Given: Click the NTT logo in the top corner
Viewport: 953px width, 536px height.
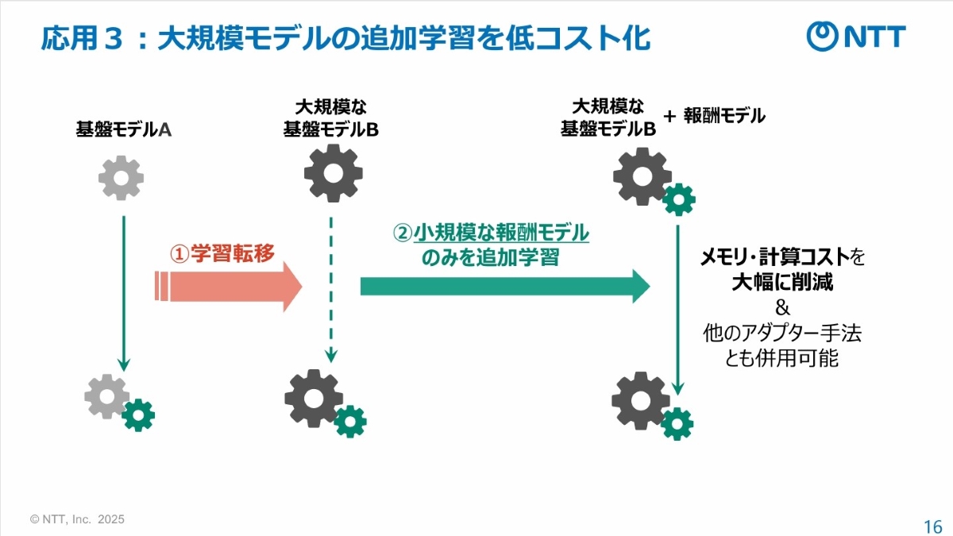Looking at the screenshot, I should [856, 37].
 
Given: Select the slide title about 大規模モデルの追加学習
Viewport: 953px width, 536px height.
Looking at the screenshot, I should [345, 37].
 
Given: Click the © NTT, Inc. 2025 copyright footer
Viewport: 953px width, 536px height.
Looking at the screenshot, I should [77, 519].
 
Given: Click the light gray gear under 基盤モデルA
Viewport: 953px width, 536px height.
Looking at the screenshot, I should [121, 178].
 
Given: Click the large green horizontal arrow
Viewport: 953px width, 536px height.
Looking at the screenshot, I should [505, 286].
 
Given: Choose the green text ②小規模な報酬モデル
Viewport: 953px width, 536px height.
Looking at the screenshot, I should [492, 233].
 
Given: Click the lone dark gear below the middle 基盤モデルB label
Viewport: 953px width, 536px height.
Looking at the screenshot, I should [333, 174].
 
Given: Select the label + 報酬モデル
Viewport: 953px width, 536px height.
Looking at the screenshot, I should [714, 116].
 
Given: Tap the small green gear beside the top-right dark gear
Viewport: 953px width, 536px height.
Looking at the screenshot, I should [678, 199].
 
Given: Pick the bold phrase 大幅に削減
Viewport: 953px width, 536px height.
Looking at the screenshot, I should [782, 282].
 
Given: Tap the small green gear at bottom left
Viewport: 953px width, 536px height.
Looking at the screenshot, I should [139, 415].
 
